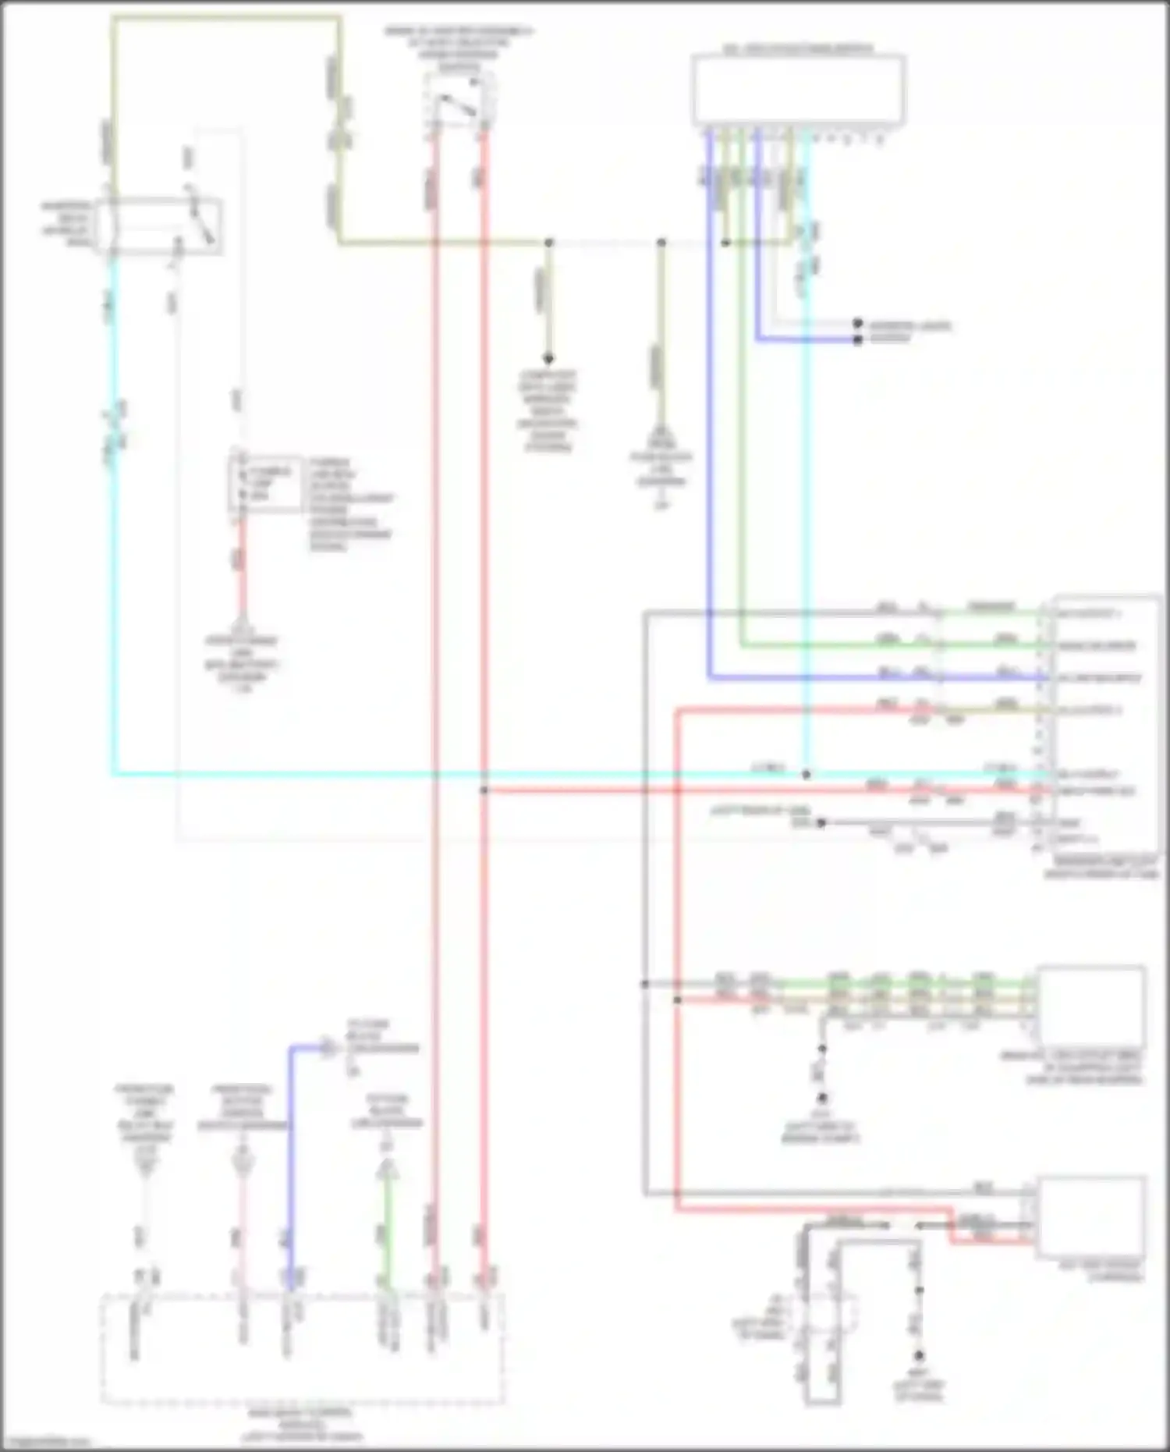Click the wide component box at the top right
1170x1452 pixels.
click(798, 88)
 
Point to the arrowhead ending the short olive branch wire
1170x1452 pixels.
click(548, 358)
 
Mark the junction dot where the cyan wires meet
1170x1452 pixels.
click(807, 774)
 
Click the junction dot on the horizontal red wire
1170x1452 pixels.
click(484, 790)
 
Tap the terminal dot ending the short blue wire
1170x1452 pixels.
click(857, 339)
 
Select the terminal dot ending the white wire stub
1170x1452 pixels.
click(857, 322)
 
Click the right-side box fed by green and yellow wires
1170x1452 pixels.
click(1090, 1006)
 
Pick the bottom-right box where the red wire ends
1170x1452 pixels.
click(1090, 1218)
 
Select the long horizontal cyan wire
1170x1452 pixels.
click(468, 774)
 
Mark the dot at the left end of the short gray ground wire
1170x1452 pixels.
click(821, 822)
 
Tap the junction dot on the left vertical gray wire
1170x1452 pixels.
click(645, 984)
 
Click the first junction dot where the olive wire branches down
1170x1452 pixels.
click(548, 243)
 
